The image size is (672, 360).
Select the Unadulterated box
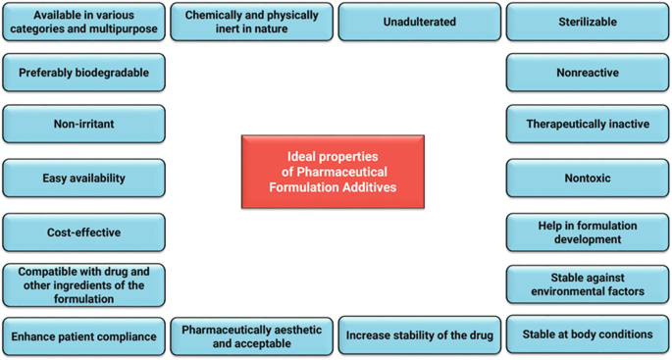coord(419,22)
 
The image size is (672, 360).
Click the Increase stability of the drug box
coord(419,335)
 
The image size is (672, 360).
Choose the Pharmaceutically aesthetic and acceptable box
coord(250,335)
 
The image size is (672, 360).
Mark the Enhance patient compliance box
coord(83,336)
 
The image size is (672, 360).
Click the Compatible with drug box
coord(83,284)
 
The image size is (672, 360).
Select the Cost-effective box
coord(83,232)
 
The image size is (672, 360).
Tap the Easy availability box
coord(83,179)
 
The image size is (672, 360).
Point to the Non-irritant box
coord(83,125)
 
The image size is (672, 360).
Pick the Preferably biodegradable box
coord(83,72)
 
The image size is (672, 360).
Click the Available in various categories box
coord(83,22)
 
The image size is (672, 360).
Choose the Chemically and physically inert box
coord(250,22)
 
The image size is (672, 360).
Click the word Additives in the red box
coord(368,187)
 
